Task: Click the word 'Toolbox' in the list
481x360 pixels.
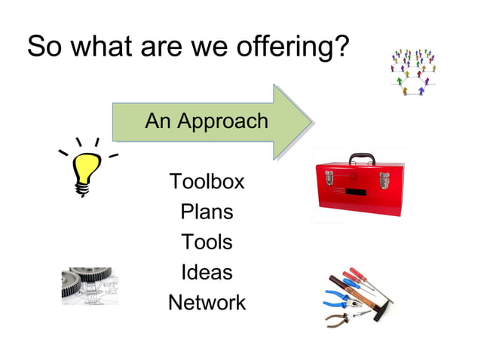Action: tap(207, 182)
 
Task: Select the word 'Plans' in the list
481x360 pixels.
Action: tap(207, 212)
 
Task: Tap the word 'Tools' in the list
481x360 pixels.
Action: tap(207, 242)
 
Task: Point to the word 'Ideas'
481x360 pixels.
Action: tap(207, 272)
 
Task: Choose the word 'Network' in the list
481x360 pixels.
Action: tap(207, 303)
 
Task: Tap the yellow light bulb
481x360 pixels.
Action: tap(87, 169)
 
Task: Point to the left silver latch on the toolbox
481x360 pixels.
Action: tap(329, 178)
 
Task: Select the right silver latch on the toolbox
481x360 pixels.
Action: tap(383, 180)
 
